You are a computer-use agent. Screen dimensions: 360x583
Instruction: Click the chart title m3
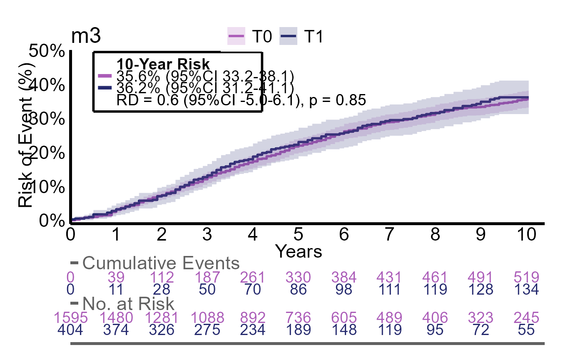pyautogui.click(x=85, y=37)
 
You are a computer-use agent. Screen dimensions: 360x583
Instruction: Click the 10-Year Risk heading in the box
pyautogui.click(x=163, y=65)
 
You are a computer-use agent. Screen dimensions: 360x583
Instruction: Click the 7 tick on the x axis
pyautogui.click(x=389, y=235)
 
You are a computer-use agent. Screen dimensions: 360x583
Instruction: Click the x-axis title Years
pyautogui.click(x=299, y=251)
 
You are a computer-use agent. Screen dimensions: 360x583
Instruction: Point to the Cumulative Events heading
pyautogui.click(x=161, y=263)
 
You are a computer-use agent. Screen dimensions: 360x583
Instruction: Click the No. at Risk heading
pyautogui.click(x=128, y=303)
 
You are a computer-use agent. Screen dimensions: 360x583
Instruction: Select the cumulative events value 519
pyautogui.click(x=528, y=277)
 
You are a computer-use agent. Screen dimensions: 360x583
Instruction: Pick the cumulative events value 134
pyautogui.click(x=528, y=290)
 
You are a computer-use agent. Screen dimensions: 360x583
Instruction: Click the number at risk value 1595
pyautogui.click(x=70, y=318)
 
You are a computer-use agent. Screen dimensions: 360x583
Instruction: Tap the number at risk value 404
pyautogui.click(x=70, y=330)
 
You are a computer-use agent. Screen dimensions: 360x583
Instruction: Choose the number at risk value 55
pyautogui.click(x=528, y=330)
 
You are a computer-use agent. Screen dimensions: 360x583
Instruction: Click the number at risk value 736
pyautogui.click(x=299, y=318)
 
